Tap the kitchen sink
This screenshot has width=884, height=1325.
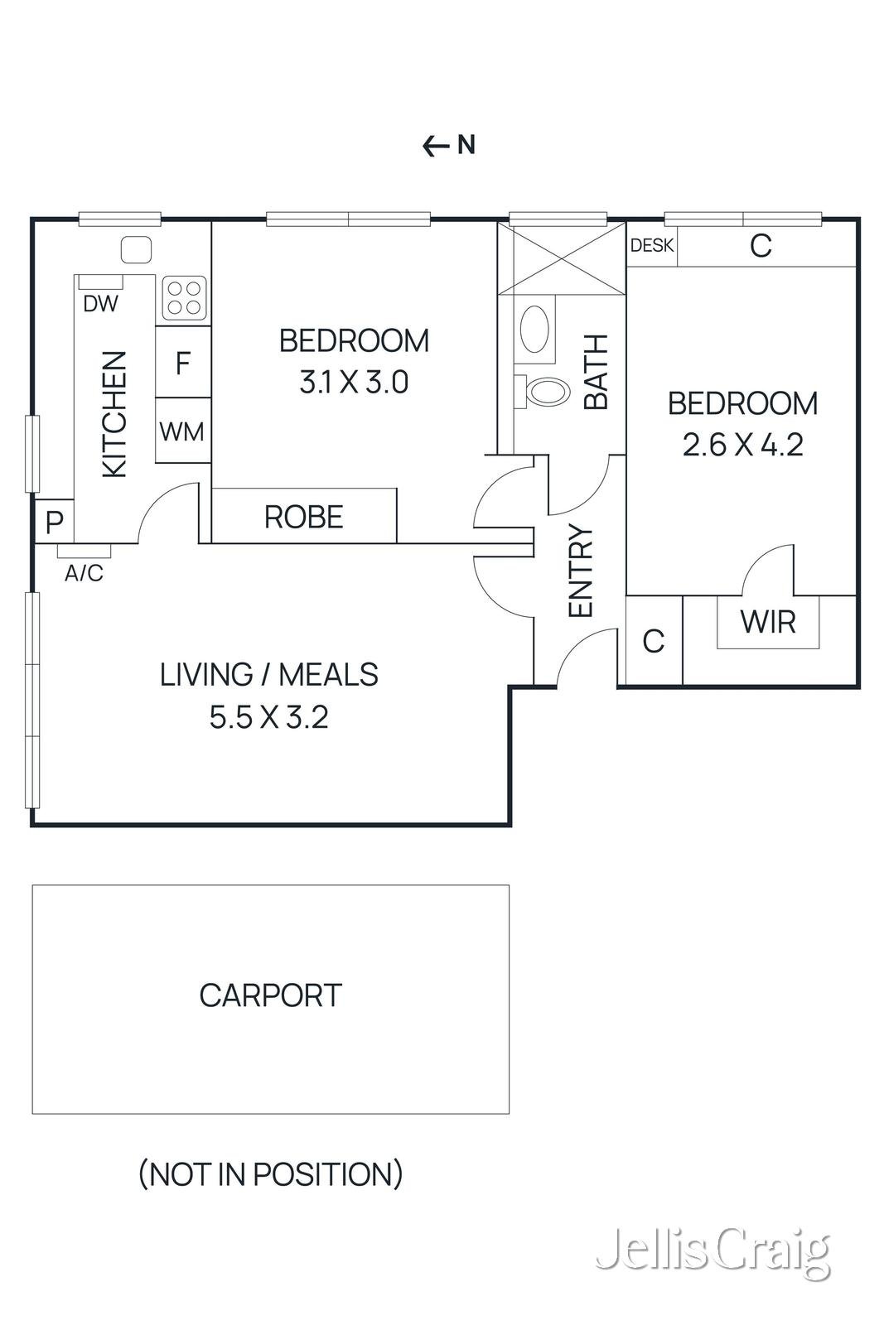click(136, 248)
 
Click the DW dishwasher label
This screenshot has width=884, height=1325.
click(101, 304)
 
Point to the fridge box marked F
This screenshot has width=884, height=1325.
click(183, 363)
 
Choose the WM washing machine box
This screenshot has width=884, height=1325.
click(182, 431)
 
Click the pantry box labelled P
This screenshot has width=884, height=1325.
click(54, 522)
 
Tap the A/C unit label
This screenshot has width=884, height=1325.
click(84, 572)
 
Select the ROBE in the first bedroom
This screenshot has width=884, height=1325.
click(303, 517)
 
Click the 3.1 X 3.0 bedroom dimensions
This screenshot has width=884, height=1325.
click(354, 383)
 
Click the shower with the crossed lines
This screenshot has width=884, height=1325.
click(562, 258)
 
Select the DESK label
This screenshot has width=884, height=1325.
click(652, 246)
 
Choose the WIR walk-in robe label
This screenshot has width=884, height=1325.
click(768, 621)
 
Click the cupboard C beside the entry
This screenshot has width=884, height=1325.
click(653, 641)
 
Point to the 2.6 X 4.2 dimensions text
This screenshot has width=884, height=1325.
click(742, 446)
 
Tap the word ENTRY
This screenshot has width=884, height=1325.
click(582, 571)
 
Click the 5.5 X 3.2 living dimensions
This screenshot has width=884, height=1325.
click(268, 717)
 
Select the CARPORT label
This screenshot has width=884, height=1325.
click(270, 995)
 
